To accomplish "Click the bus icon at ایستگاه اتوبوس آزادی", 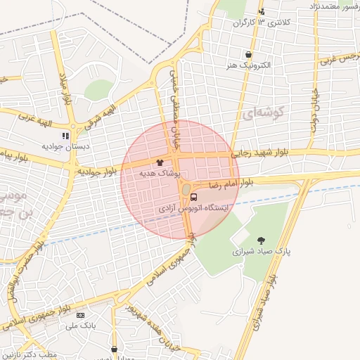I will point(194,197).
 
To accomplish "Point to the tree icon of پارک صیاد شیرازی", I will point(262,240).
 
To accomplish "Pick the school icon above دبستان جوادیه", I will point(65,136).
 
